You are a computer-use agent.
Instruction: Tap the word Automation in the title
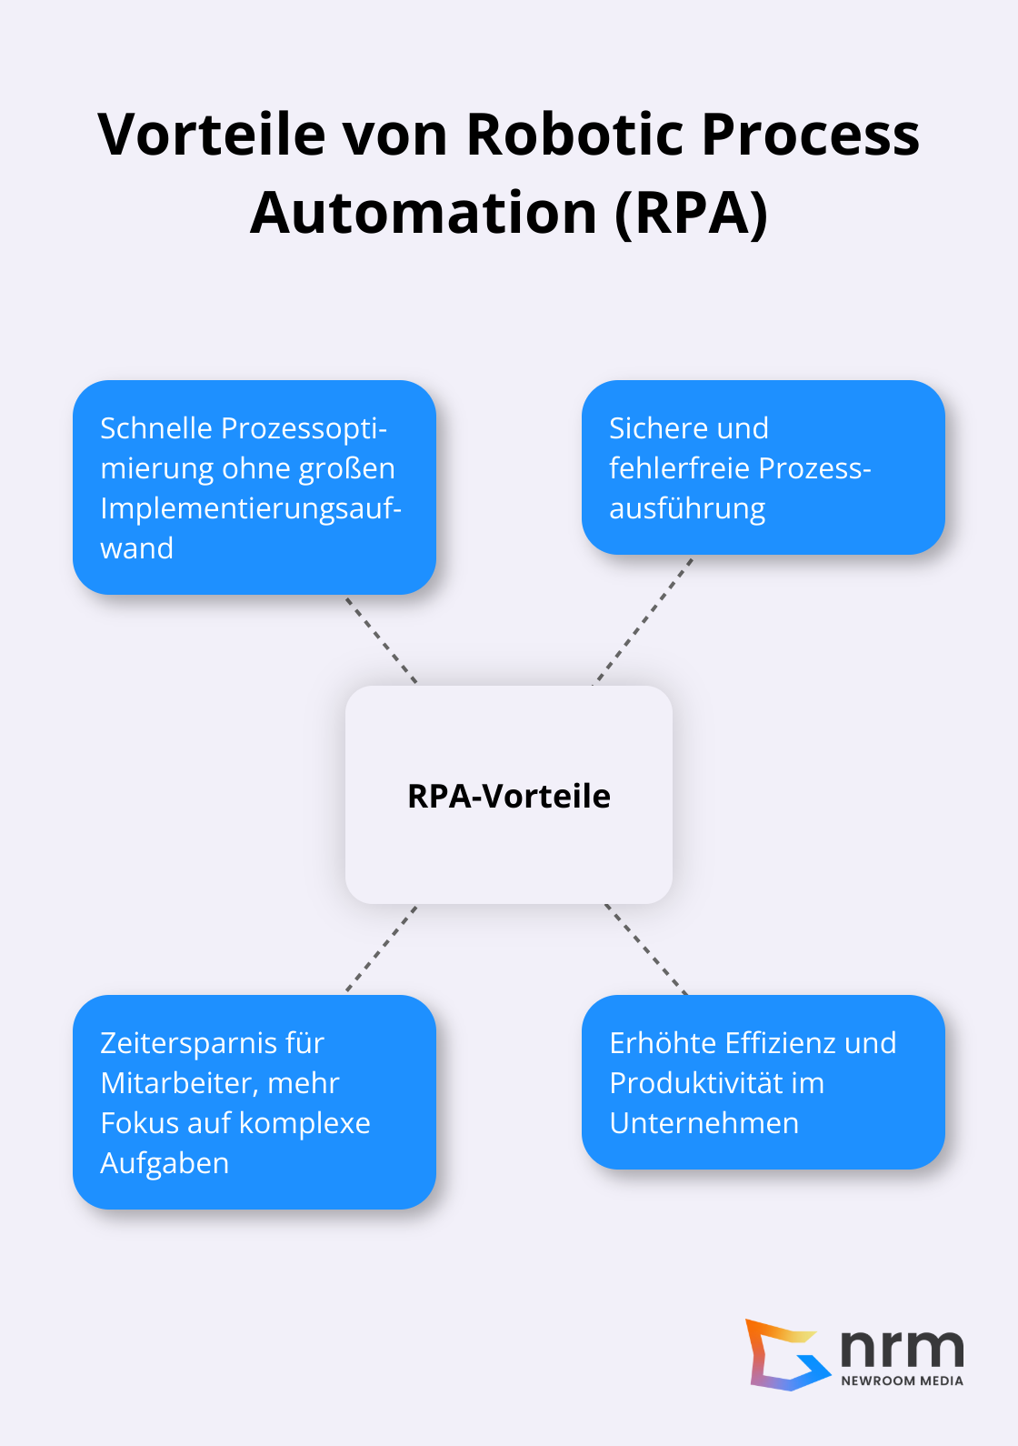tap(423, 214)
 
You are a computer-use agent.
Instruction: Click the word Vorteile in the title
tap(211, 135)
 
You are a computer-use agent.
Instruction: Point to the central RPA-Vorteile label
tap(509, 796)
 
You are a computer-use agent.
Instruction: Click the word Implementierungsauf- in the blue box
tap(251, 508)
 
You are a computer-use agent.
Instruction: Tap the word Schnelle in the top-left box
tap(156, 428)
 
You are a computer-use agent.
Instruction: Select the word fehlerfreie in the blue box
tap(680, 468)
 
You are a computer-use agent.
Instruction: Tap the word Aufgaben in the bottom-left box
tap(165, 1163)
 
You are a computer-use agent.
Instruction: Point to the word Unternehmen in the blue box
tap(704, 1123)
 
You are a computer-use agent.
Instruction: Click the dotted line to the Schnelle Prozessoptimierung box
tap(381, 640)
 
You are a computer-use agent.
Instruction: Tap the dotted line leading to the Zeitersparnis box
tap(382, 948)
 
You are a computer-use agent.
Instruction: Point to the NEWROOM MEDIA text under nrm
tap(902, 1381)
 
